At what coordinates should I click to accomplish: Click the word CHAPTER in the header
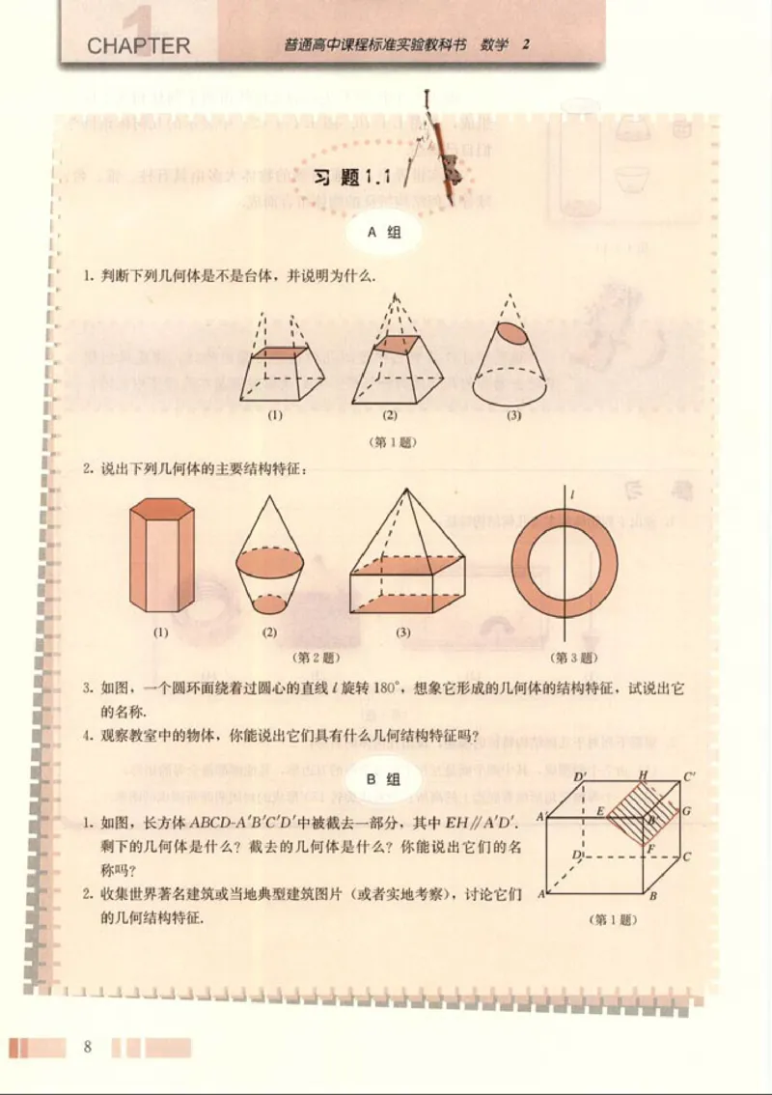point(138,44)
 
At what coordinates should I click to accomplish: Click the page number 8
point(88,1047)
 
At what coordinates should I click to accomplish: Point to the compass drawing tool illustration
point(439,145)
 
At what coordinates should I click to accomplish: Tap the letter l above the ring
point(572,495)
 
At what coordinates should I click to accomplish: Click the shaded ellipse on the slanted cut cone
point(513,335)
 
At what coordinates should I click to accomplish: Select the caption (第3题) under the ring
point(575,658)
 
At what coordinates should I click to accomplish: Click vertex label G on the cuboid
point(686,812)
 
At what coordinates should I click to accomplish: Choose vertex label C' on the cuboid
point(691,775)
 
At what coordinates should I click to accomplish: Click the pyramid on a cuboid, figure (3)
point(403,560)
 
